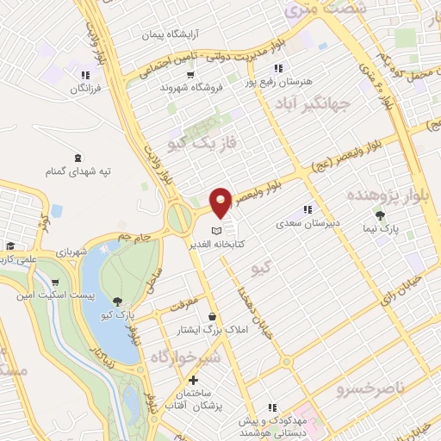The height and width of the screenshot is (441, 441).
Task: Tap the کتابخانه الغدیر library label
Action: [251, 245]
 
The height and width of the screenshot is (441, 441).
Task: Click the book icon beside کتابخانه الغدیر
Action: [218, 231]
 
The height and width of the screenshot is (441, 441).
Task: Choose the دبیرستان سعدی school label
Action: [308, 223]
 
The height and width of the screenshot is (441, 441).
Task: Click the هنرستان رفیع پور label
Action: [277, 81]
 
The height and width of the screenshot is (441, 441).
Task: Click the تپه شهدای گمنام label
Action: [80, 171]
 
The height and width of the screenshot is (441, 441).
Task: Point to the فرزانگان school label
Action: [84, 89]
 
